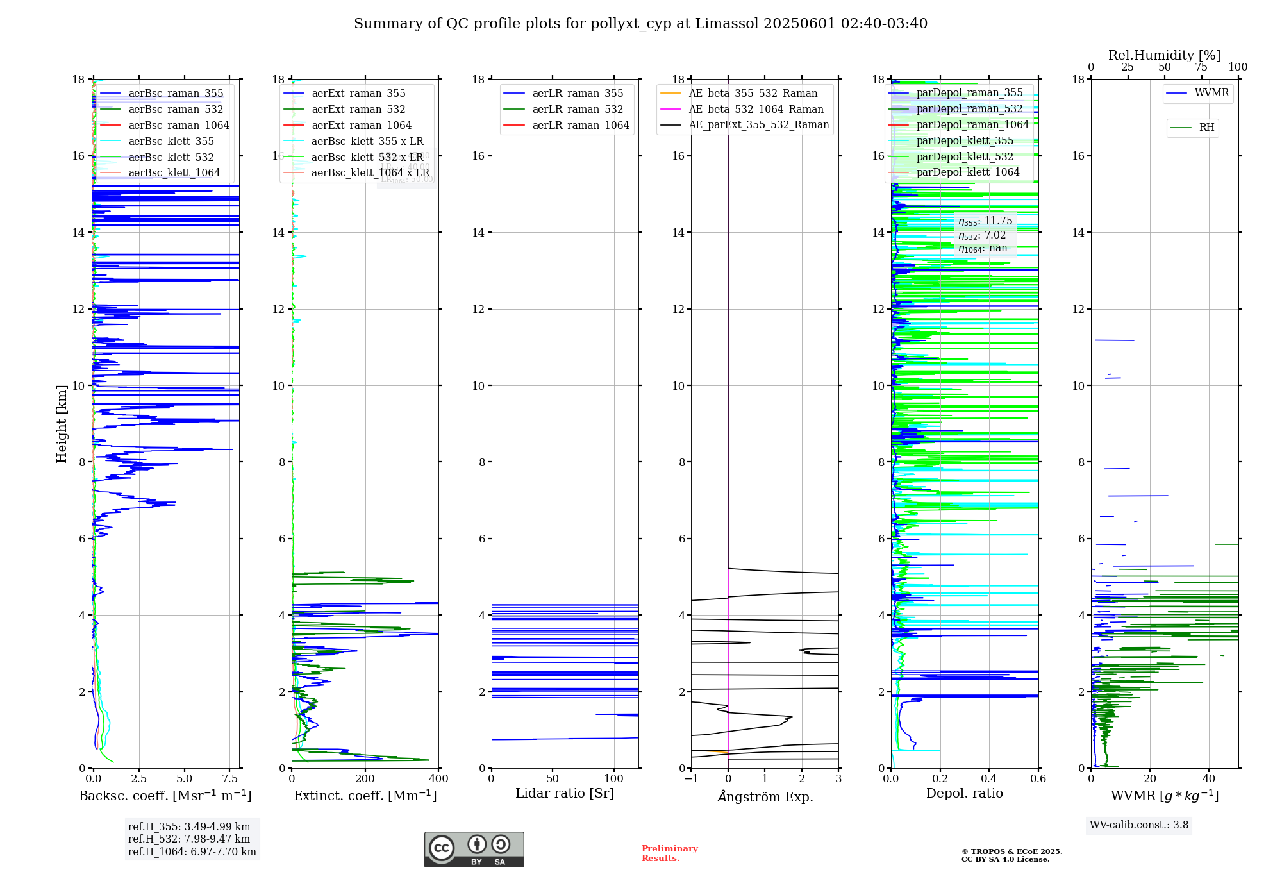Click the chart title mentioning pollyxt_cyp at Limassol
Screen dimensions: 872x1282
click(640, 24)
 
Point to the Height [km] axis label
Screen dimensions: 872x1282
click(62, 424)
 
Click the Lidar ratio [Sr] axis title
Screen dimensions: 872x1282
click(565, 794)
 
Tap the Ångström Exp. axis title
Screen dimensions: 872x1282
click(765, 797)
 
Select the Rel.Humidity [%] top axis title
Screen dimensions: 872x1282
click(1164, 55)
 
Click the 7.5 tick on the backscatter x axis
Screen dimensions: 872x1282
click(230, 779)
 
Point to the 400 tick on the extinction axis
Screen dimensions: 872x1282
click(439, 779)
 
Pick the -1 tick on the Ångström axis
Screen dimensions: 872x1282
click(691, 779)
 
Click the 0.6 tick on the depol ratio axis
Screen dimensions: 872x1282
click(1038, 779)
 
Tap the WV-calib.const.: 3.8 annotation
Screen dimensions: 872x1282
click(1139, 825)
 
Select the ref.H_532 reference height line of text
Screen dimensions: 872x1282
click(189, 839)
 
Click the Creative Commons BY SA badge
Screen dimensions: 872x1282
click(474, 850)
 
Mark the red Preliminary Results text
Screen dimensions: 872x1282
click(669, 853)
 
